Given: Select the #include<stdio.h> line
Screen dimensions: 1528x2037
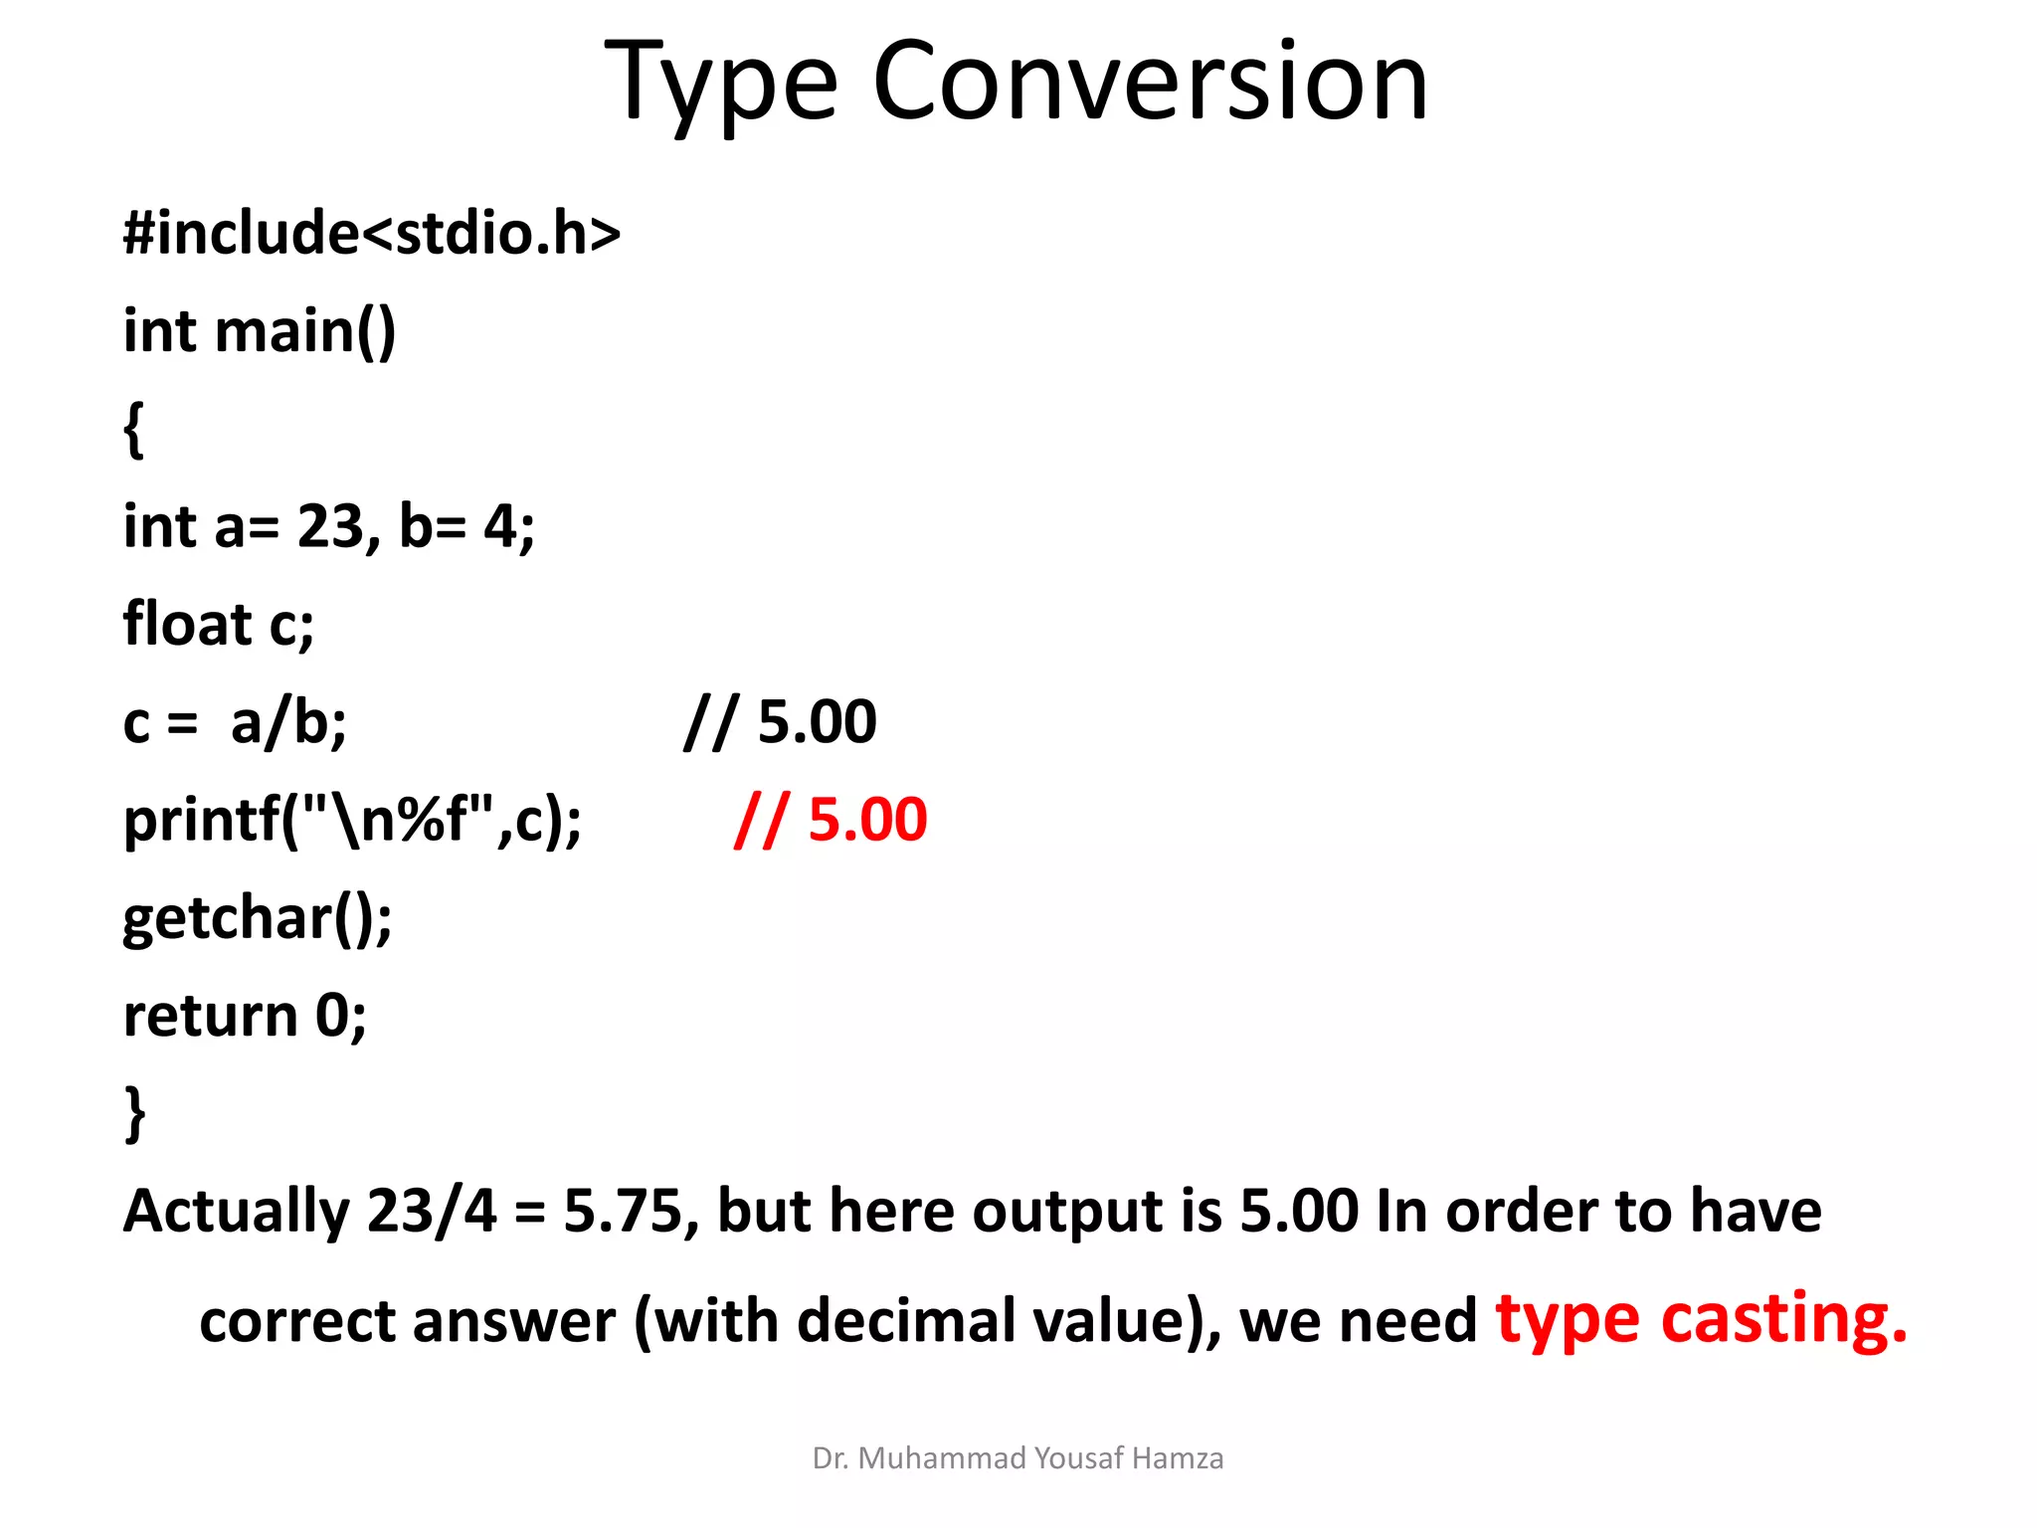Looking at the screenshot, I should (x=372, y=233).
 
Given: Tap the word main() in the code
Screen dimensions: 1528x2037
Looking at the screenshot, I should (x=305, y=330).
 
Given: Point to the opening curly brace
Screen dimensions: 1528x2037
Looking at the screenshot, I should (x=134, y=429).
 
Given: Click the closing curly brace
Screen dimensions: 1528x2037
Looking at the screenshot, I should (x=134, y=1113).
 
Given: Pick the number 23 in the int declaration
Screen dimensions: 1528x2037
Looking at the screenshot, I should (x=332, y=526).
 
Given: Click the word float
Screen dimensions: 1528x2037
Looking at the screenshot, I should (x=187, y=624).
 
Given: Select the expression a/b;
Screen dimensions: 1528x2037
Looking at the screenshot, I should (x=288, y=722).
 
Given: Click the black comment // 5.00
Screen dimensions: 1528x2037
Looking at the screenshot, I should (x=781, y=722).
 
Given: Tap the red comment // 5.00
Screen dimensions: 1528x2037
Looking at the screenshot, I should (x=831, y=820).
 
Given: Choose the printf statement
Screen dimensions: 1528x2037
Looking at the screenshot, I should (x=352, y=820).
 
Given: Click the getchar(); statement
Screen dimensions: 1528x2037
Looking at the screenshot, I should (x=258, y=917).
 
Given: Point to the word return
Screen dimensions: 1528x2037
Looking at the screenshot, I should (x=210, y=1016).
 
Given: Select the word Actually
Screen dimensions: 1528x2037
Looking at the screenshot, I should (x=236, y=1211).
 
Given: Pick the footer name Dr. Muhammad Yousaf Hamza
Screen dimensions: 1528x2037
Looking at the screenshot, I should (x=1018, y=1458).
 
